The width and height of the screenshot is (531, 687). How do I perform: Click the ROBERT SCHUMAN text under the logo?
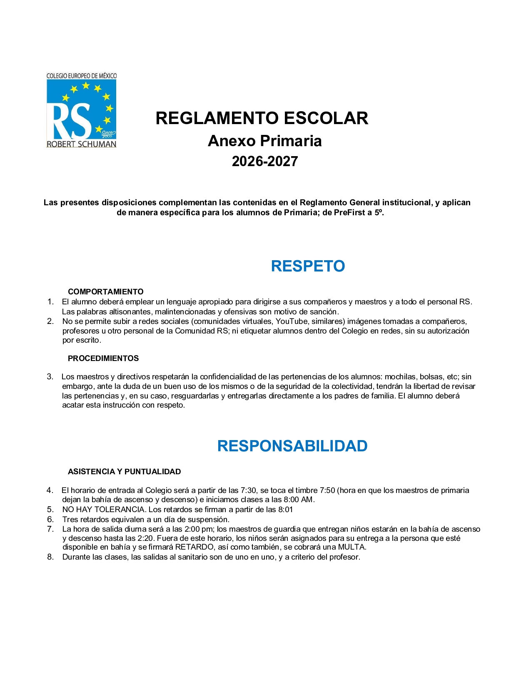pyautogui.click(x=81, y=144)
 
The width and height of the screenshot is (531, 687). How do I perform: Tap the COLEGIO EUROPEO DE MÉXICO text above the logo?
pyautogui.click(x=82, y=76)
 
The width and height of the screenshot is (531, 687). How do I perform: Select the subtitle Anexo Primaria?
pyautogui.click(x=264, y=141)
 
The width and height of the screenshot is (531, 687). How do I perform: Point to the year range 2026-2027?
pyautogui.click(x=265, y=162)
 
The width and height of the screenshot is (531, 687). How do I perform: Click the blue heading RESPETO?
pyautogui.click(x=308, y=266)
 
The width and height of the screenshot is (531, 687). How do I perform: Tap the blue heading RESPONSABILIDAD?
pyautogui.click(x=292, y=446)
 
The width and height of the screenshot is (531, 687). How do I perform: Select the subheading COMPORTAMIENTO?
pyautogui.click(x=106, y=292)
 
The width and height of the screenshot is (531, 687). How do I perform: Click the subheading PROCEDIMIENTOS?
pyautogui.click(x=103, y=358)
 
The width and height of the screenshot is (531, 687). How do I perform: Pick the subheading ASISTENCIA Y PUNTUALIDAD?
pyautogui.click(x=124, y=472)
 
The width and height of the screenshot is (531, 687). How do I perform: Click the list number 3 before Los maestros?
pyautogui.click(x=50, y=377)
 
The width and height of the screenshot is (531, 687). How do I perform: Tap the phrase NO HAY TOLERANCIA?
pyautogui.click(x=104, y=510)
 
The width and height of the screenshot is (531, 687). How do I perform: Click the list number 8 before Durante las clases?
pyautogui.click(x=50, y=557)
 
